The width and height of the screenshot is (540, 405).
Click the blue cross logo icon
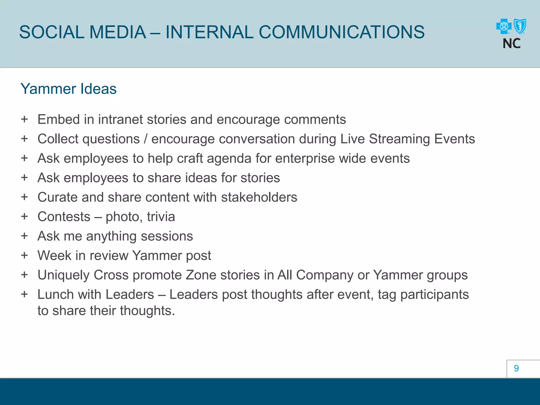pyautogui.click(x=504, y=26)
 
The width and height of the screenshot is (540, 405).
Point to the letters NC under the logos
pyautogui.click(x=512, y=44)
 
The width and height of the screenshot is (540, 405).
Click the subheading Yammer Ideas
pyautogui.click(x=69, y=89)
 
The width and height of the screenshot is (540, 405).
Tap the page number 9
pyautogui.click(x=516, y=368)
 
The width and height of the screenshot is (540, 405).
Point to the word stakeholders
pyautogui.click(x=259, y=197)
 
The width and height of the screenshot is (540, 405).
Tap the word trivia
pyautogui.click(x=161, y=217)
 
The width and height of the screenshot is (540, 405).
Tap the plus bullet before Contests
pyautogui.click(x=25, y=216)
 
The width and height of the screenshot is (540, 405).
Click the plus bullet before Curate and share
pyautogui.click(x=25, y=197)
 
